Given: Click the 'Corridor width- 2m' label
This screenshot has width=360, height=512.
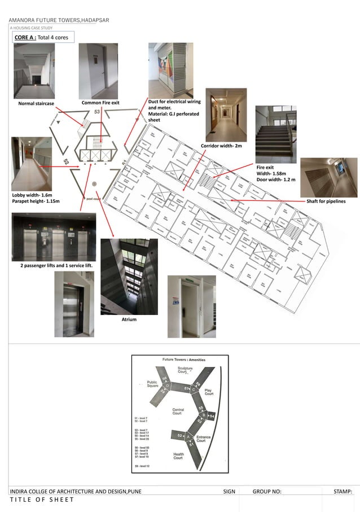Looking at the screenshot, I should click(221, 146).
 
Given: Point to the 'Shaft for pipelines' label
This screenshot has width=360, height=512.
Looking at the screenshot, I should click(326, 201).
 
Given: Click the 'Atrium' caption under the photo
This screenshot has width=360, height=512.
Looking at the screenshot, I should click(130, 320).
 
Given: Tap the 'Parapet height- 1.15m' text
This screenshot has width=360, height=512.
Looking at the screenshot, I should click(36, 201).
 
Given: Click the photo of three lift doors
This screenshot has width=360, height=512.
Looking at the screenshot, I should click(54, 237).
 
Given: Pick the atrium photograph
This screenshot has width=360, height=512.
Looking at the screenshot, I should click(129, 276).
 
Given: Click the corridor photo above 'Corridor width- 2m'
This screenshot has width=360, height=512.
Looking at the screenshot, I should click(226, 115).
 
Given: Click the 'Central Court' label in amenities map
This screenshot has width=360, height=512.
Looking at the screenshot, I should click(178, 412).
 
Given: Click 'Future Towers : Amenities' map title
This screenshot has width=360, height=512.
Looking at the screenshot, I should click(184, 360).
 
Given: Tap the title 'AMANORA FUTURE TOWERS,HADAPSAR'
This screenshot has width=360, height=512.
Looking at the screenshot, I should click(59, 20).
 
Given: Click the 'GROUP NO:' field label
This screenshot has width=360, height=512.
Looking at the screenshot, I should click(267, 492).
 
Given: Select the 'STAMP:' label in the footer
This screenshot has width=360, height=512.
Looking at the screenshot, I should click(343, 492).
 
